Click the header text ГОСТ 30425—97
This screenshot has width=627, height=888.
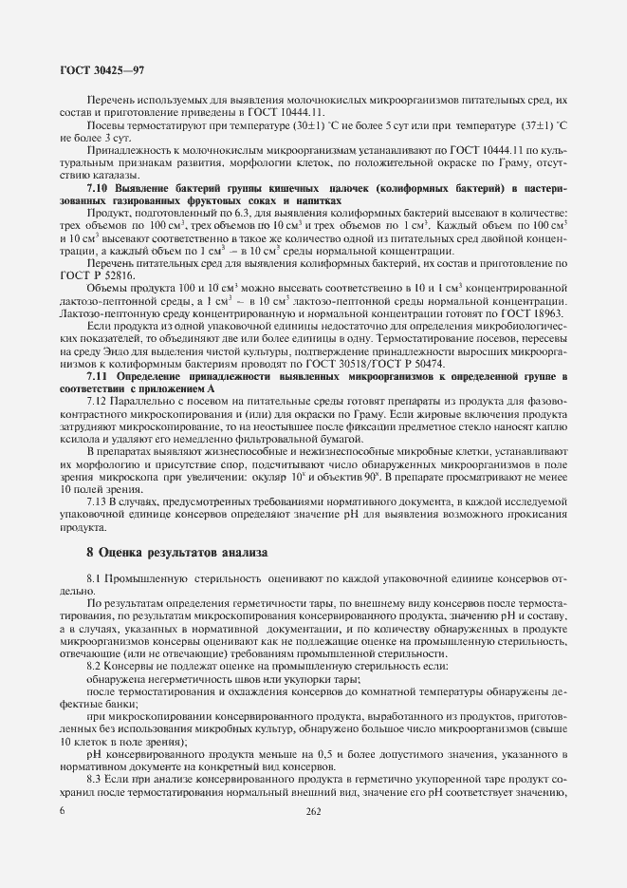coord(101,71)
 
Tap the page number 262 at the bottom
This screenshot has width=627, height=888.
coord(314,811)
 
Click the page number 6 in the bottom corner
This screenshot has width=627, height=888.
coord(63,811)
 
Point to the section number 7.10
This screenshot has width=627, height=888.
coord(101,190)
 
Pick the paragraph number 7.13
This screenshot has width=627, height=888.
coord(99,500)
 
